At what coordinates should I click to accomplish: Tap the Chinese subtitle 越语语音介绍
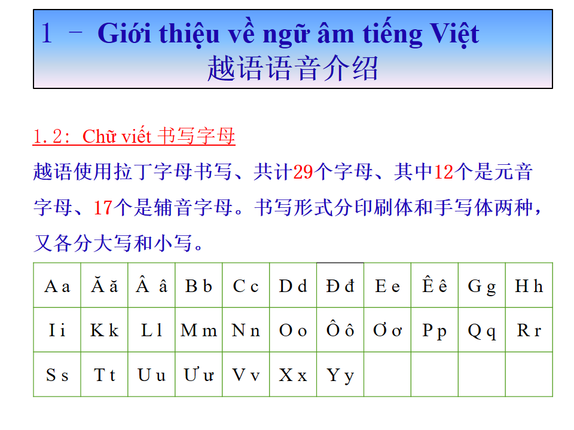pos(292,68)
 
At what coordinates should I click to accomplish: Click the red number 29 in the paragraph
pos(303,172)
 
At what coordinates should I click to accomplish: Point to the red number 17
pos(103,207)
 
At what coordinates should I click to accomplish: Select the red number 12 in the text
pos(444,172)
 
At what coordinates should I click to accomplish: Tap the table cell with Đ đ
pos(340,285)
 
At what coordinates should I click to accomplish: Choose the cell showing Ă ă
pos(104,285)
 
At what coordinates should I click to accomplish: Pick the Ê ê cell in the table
pos(435,285)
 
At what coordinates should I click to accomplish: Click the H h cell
pos(529,285)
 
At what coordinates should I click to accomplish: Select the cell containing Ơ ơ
pos(387,330)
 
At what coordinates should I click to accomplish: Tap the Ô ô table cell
pos(340,330)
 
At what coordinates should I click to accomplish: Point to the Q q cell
pos(482,330)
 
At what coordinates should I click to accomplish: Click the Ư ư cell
pos(199,374)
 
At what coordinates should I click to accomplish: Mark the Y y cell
pos(340,374)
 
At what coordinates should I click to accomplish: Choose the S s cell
pos(57,374)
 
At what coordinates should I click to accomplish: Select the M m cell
pos(199,330)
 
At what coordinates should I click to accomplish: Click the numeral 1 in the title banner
pos(47,33)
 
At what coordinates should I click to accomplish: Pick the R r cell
pos(529,330)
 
